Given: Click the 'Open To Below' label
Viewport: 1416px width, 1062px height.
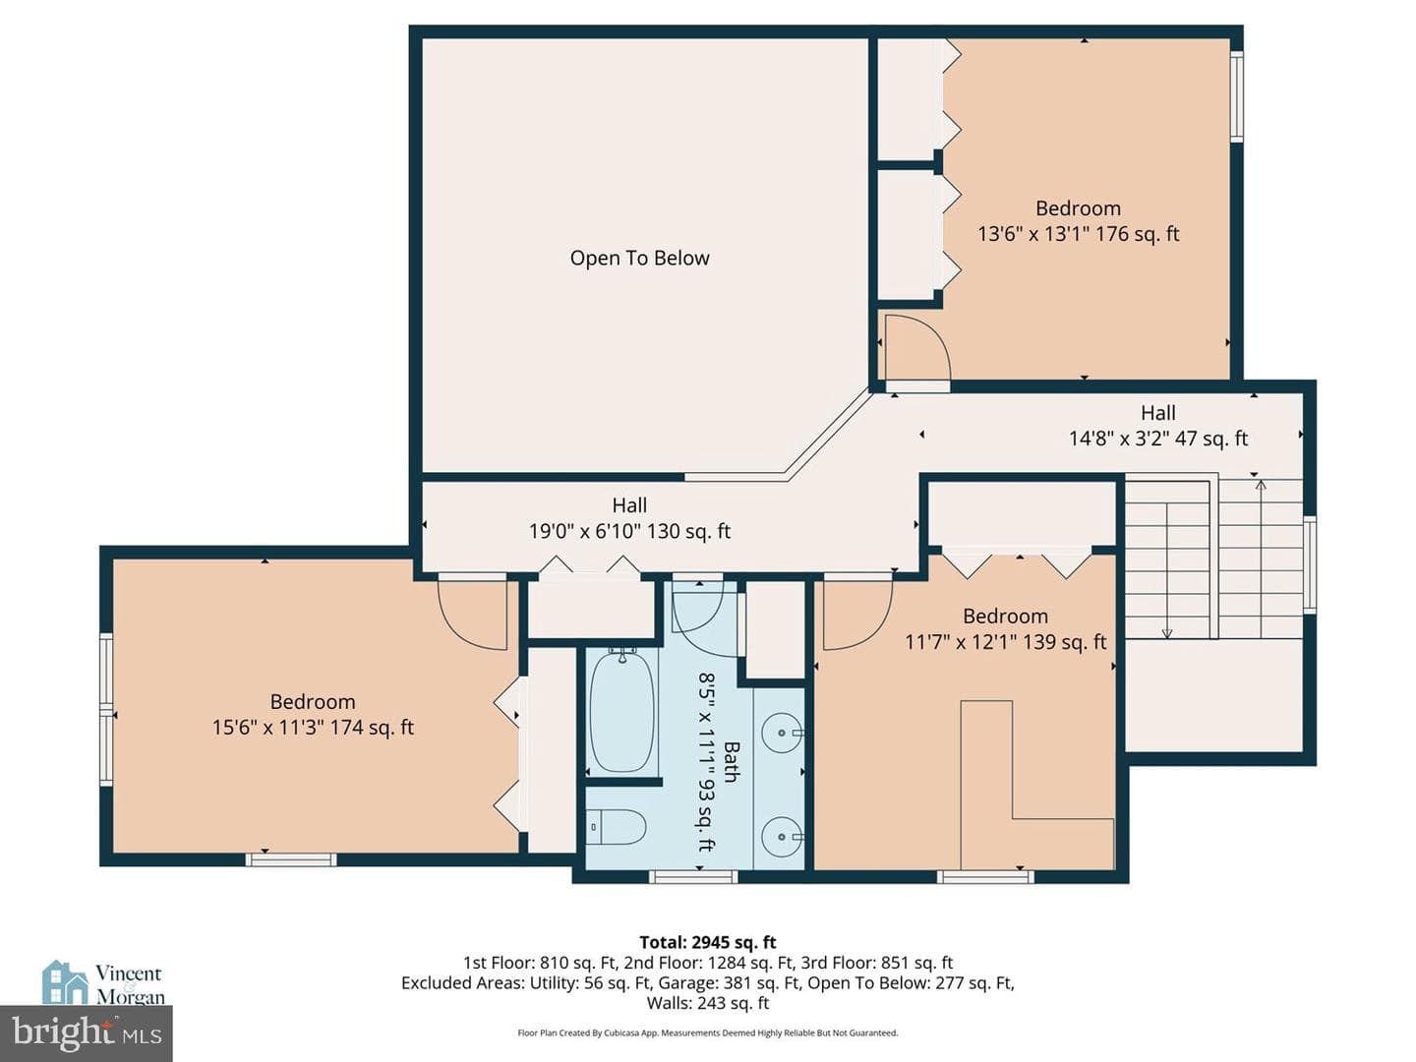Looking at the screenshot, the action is pyautogui.click(x=639, y=258).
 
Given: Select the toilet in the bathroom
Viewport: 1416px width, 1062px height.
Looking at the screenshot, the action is pyautogui.click(x=618, y=826).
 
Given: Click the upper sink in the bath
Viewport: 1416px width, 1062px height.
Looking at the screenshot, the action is pyautogui.click(x=782, y=734).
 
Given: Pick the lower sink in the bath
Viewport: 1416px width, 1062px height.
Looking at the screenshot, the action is pyautogui.click(x=782, y=837).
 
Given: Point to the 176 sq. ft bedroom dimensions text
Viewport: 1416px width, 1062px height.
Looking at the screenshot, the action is pyautogui.click(x=1078, y=233).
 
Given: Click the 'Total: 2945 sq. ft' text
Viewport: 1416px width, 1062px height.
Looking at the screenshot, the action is pyautogui.click(x=708, y=942).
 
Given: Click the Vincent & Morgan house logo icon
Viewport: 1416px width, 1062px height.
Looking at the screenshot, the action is pyautogui.click(x=65, y=982).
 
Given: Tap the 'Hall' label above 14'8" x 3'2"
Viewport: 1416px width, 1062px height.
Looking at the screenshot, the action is pyautogui.click(x=1158, y=413).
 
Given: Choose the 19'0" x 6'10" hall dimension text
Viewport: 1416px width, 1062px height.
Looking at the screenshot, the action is pyautogui.click(x=629, y=531).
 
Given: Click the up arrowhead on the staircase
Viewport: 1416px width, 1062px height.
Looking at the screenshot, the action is pyautogui.click(x=1261, y=484).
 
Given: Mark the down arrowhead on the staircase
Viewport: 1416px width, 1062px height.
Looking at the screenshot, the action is pyautogui.click(x=1166, y=634).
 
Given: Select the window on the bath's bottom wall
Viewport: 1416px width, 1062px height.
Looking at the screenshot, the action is pyautogui.click(x=693, y=876).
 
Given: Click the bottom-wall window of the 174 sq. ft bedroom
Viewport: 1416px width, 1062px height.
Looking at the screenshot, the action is pyautogui.click(x=291, y=859).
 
